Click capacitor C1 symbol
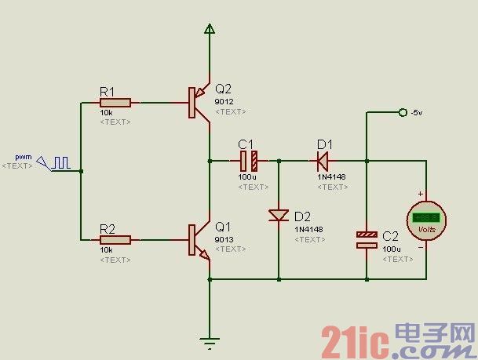[249, 161]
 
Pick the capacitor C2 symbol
[367, 239]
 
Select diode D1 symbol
[323, 161]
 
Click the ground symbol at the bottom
[210, 340]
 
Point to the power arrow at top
[210, 29]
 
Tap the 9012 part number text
[224, 101]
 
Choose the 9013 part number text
[224, 238]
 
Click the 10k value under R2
[107, 249]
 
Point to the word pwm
[23, 156]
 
